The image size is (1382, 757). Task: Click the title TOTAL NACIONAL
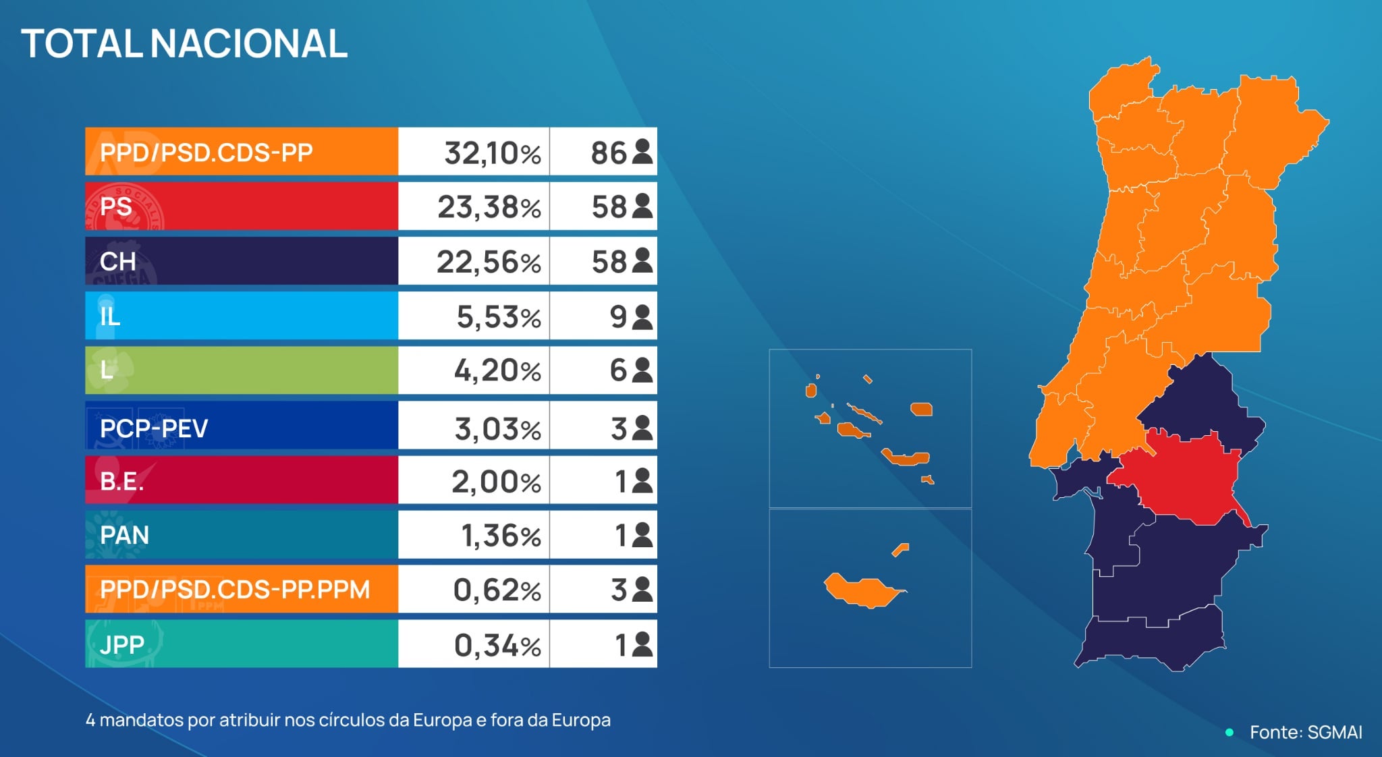coord(184,44)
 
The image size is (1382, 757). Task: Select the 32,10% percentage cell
coord(492,153)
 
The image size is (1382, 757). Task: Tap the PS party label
coord(116,206)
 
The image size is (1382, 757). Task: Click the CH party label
coord(118,262)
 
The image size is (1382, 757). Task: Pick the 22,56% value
coord(489,262)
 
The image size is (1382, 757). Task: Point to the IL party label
coord(110,316)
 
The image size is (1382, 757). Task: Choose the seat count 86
coord(609,153)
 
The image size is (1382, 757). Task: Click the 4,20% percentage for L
coord(497,370)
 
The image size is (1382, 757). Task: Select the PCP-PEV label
coord(154,428)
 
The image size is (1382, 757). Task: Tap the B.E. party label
coord(121,481)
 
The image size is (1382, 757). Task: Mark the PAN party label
coord(124,535)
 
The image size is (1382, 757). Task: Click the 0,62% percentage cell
coord(497,590)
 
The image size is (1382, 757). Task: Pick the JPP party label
coord(121,644)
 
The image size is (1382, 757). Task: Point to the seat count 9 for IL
coord(618,316)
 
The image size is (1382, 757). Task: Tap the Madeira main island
coord(860,591)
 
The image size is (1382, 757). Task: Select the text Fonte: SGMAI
coord(1306,732)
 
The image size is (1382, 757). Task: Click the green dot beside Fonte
coord(1229,732)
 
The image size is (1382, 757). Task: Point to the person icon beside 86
coord(642,152)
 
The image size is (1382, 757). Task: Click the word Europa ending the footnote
coord(581,720)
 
